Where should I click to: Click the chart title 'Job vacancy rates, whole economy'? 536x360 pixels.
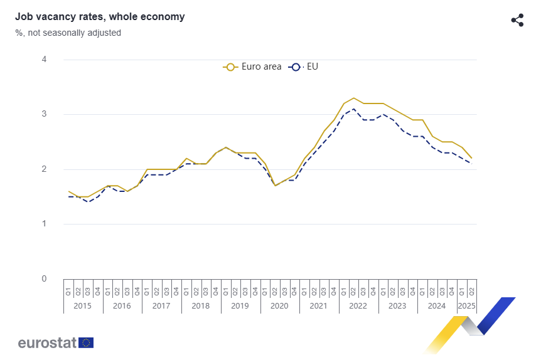click(x=100, y=17)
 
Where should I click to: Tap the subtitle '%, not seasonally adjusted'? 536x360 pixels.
click(x=68, y=33)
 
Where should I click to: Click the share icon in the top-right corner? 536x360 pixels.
click(x=517, y=20)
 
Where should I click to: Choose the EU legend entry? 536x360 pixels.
click(x=304, y=66)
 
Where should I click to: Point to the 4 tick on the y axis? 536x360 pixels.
click(x=44, y=60)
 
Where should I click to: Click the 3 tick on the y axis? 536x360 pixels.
click(x=44, y=114)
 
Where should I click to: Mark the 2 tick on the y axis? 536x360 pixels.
click(x=44, y=169)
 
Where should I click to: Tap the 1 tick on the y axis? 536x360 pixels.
click(x=44, y=224)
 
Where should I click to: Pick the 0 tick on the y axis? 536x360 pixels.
click(x=44, y=278)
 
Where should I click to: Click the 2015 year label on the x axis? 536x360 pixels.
click(x=83, y=306)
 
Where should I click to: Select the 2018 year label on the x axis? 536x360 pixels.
click(x=200, y=306)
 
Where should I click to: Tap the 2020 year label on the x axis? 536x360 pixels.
click(x=279, y=306)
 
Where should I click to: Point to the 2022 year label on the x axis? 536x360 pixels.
click(x=358, y=306)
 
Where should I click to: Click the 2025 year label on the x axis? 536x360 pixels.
click(x=466, y=306)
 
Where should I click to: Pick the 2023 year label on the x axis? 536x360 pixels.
click(x=397, y=306)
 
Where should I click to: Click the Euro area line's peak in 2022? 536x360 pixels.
click(x=354, y=98)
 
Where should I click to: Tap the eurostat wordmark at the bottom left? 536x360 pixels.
click(x=47, y=342)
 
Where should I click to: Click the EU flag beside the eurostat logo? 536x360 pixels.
click(x=87, y=342)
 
